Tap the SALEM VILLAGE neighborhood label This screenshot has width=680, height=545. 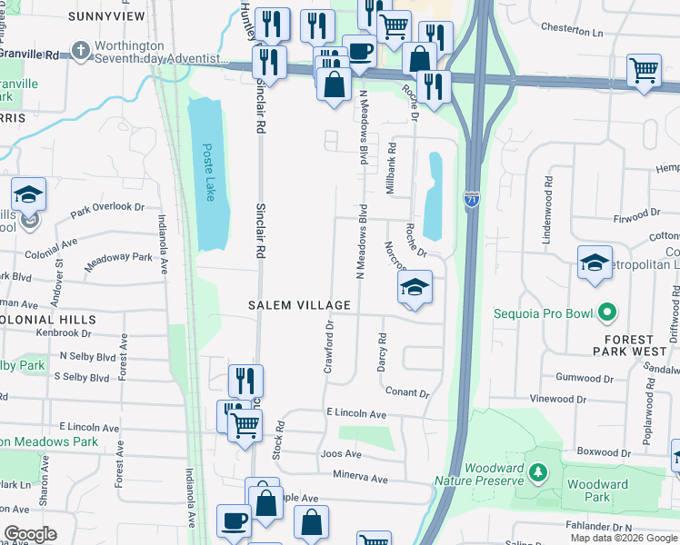point(300,306)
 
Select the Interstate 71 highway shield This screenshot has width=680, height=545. point(472,199)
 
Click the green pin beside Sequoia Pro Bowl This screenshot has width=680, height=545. point(606,313)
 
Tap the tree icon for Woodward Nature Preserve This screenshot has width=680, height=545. point(539,472)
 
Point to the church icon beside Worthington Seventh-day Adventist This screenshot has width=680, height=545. point(81,51)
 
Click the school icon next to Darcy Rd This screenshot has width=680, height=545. point(415,288)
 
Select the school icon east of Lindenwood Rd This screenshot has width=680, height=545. point(595,263)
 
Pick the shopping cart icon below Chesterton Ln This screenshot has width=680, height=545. point(644,70)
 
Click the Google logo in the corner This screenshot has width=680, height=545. point(29,534)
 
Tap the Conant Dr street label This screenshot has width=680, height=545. point(406,393)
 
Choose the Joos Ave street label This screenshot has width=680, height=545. point(341,454)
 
